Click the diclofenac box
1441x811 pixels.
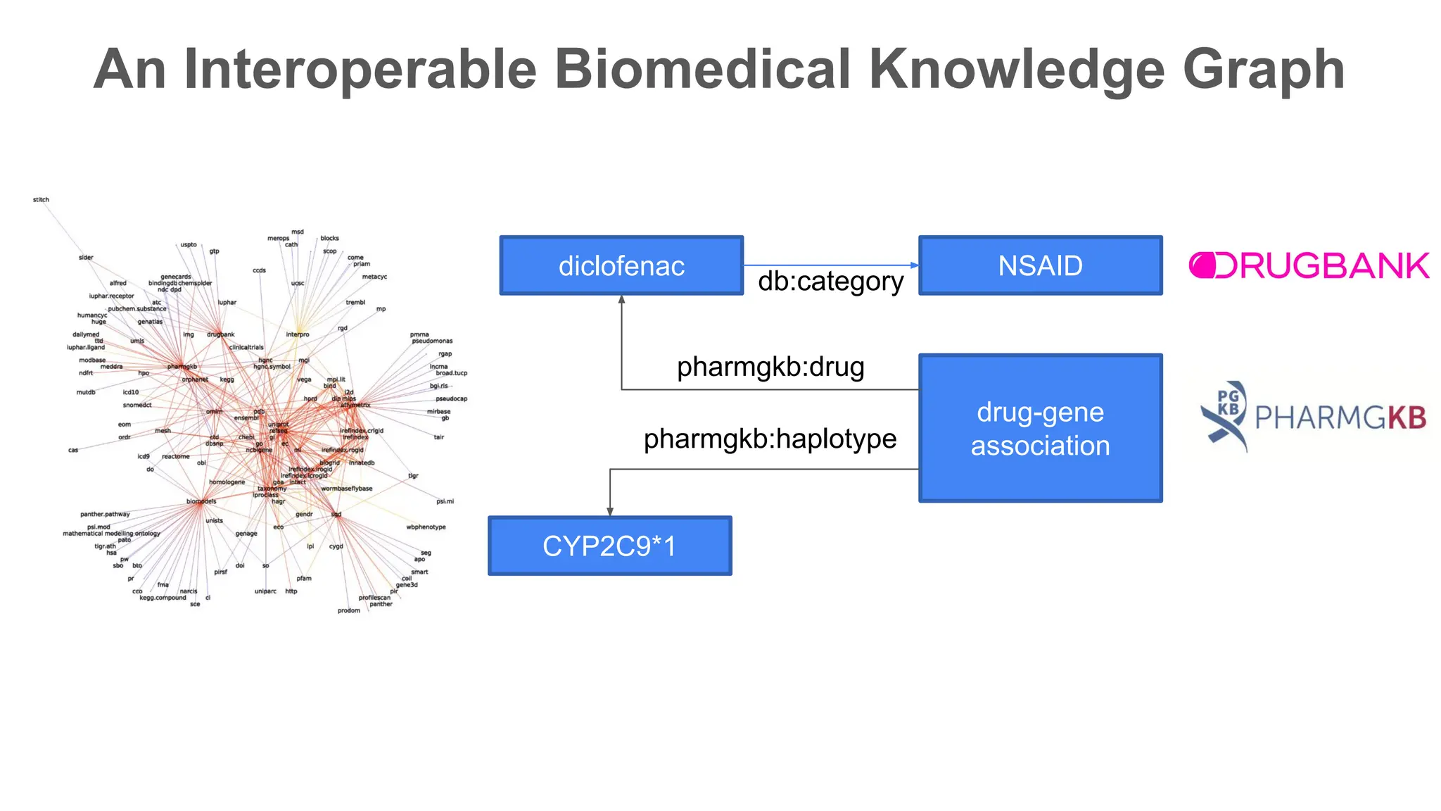(621, 265)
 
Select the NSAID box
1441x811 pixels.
(1040, 265)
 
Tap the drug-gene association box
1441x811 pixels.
(1040, 428)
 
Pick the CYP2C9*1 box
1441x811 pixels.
(609, 546)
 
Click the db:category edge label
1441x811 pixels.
(830, 282)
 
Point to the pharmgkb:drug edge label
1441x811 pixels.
(770, 367)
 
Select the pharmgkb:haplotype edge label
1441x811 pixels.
(770, 439)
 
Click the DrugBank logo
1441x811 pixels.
(1309, 265)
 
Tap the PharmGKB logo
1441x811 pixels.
(1313, 417)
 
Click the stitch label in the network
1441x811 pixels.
(41, 200)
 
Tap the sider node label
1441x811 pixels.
(86, 258)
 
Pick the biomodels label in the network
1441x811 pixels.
(201, 501)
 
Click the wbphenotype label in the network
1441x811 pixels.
(426, 527)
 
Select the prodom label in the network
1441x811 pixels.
(348, 610)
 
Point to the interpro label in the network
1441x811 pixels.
(297, 334)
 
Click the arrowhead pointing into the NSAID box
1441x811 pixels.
(914, 265)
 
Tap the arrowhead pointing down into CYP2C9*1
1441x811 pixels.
(610, 512)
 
